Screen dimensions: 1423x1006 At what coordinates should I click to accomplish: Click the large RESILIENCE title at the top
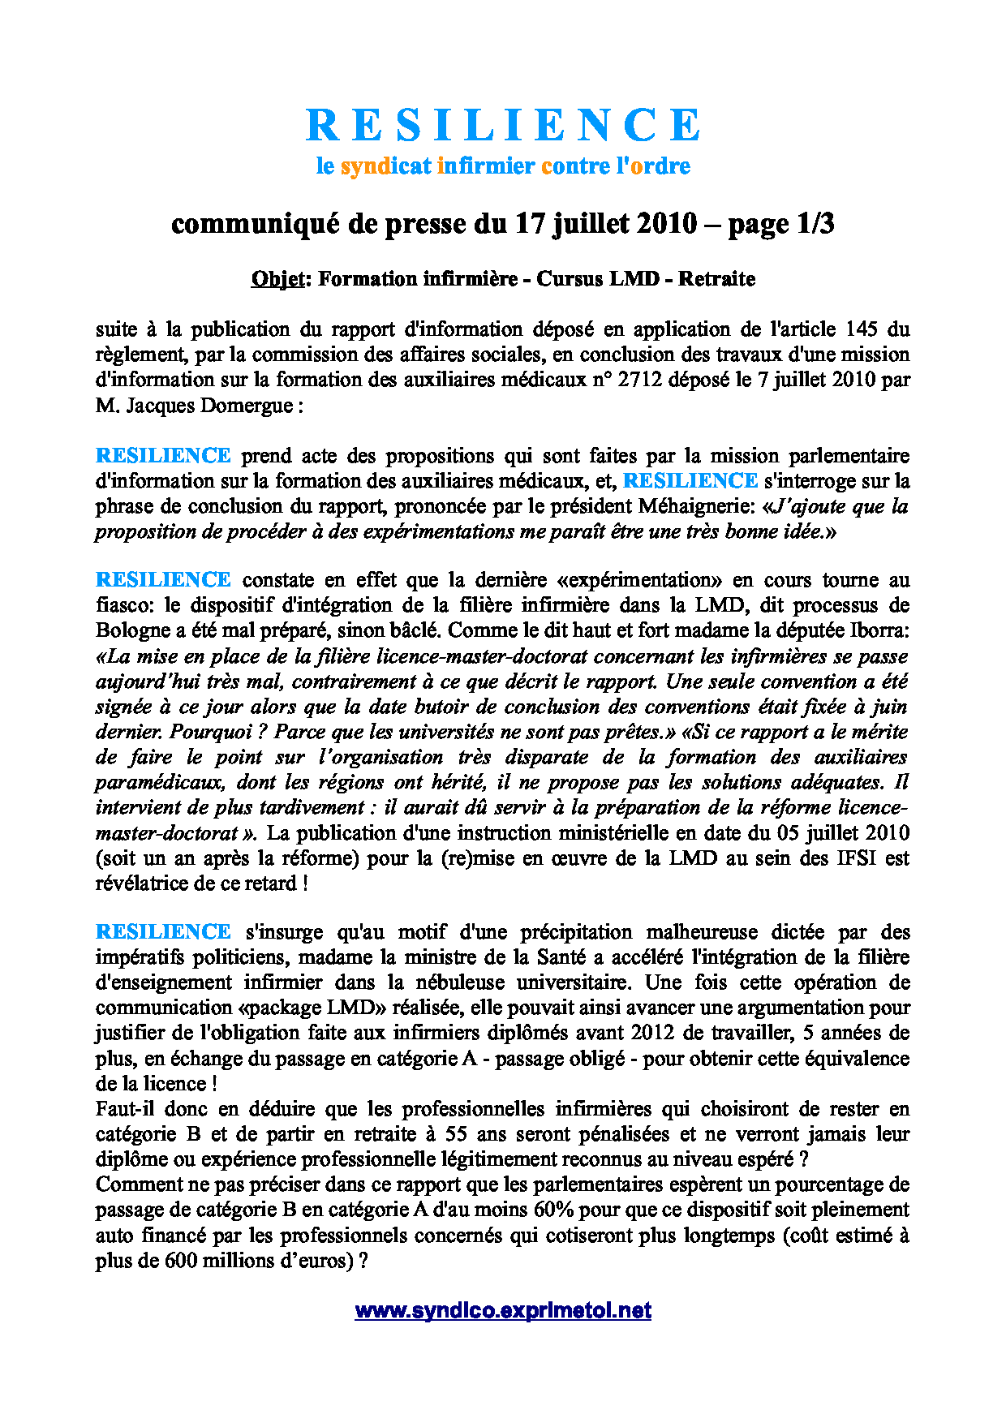(502, 126)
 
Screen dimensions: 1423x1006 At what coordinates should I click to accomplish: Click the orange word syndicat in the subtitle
(385, 166)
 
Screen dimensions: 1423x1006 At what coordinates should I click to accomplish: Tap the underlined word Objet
(278, 279)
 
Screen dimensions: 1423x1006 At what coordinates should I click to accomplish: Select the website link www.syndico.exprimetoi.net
(502, 1310)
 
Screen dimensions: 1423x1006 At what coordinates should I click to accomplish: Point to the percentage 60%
(554, 1210)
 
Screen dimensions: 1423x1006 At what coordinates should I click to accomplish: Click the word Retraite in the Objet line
(716, 279)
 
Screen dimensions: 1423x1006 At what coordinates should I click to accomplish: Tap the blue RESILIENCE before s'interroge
(690, 481)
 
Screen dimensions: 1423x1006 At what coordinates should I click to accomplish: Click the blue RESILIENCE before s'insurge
(163, 932)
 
